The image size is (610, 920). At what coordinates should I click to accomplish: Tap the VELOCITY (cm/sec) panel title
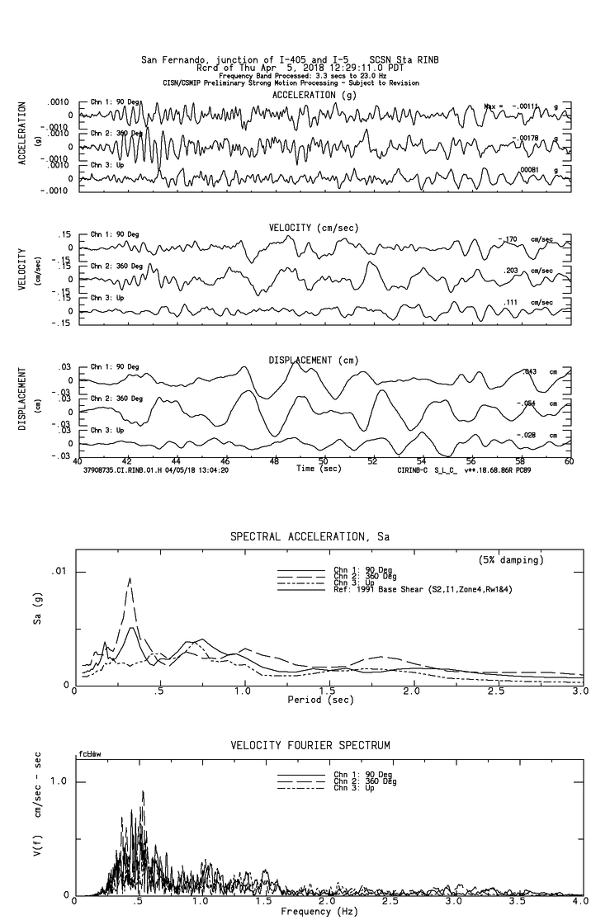[313, 228]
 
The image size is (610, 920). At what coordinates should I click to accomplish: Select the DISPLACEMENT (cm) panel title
[313, 361]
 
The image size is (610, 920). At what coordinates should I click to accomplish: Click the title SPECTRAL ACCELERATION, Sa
[310, 536]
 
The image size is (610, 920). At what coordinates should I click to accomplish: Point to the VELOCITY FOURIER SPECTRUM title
[310, 745]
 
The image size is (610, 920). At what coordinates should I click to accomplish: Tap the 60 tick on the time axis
[569, 462]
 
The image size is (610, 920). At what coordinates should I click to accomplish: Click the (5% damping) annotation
[511, 560]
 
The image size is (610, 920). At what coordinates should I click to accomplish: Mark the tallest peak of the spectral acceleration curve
[130, 578]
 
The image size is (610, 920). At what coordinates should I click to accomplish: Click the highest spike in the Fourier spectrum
[144, 792]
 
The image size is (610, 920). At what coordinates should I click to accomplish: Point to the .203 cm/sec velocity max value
[513, 271]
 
